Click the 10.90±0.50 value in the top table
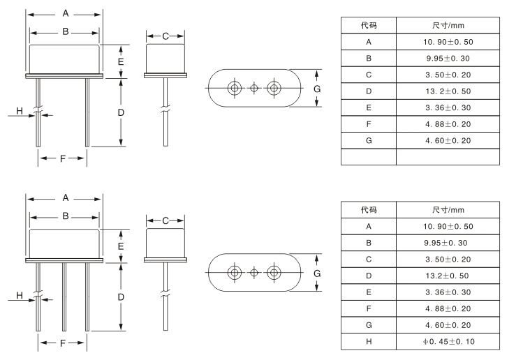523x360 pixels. pos(448,42)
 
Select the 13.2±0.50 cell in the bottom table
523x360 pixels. pos(448,276)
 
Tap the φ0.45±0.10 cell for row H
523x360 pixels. pos(448,342)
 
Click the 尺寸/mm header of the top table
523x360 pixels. pos(448,25)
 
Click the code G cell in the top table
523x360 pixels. pos(369,140)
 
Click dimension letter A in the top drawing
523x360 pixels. pos(65,13)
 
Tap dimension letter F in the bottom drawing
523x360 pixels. pos(63,343)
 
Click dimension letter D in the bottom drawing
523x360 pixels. pos(121,297)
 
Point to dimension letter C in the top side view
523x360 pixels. pos(165,36)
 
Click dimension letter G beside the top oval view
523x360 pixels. pos(317,89)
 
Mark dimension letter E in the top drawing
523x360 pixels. pos(121,61)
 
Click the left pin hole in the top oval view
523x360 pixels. pos(235,88)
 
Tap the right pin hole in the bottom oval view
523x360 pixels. pos(273,273)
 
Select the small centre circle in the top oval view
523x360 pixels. pos(254,88)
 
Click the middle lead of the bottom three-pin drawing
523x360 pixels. pos(63,297)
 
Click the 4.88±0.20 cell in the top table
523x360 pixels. pos(448,124)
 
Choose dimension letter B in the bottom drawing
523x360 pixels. pos(65,216)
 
